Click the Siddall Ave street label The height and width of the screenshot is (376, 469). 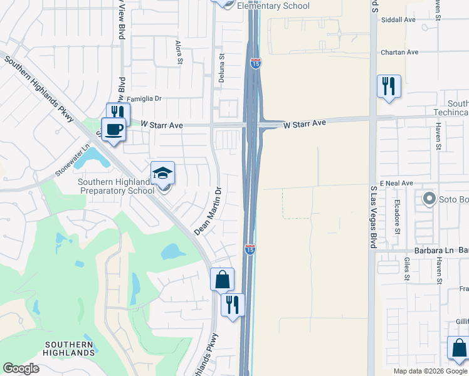[401, 20]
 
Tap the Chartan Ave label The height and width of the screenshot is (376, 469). [402, 53]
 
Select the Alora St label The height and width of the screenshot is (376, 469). [179, 51]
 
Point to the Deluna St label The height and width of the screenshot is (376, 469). [221, 65]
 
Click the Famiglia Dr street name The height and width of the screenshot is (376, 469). [144, 99]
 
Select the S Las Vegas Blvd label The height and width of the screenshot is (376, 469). [373, 216]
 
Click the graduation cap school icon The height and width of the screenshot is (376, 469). [162, 172]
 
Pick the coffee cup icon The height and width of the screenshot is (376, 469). [113, 129]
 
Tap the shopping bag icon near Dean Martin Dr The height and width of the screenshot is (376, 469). [223, 279]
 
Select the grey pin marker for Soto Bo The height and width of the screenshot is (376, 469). [429, 199]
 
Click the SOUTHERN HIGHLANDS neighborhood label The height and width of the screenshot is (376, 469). [70, 348]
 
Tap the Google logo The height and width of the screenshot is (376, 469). [21, 368]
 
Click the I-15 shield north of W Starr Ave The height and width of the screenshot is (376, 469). [255, 63]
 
